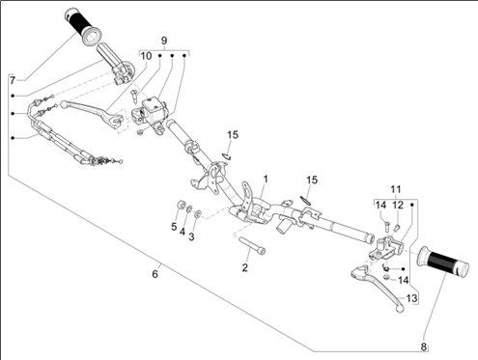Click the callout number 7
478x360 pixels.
(13, 80)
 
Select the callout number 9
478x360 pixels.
(164, 41)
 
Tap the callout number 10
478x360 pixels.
(146, 56)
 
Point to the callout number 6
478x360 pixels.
(155, 274)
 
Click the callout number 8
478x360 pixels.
(424, 347)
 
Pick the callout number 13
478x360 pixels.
(411, 298)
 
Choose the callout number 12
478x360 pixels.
(398, 205)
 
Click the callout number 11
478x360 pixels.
(396, 189)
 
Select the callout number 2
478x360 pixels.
(245, 267)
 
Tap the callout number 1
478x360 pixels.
(266, 179)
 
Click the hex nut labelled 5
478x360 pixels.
(182, 205)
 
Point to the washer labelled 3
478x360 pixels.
(198, 213)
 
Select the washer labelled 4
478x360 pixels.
(189, 208)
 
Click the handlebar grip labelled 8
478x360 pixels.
(443, 262)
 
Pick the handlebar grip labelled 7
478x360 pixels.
(83, 26)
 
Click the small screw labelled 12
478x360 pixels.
(397, 228)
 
